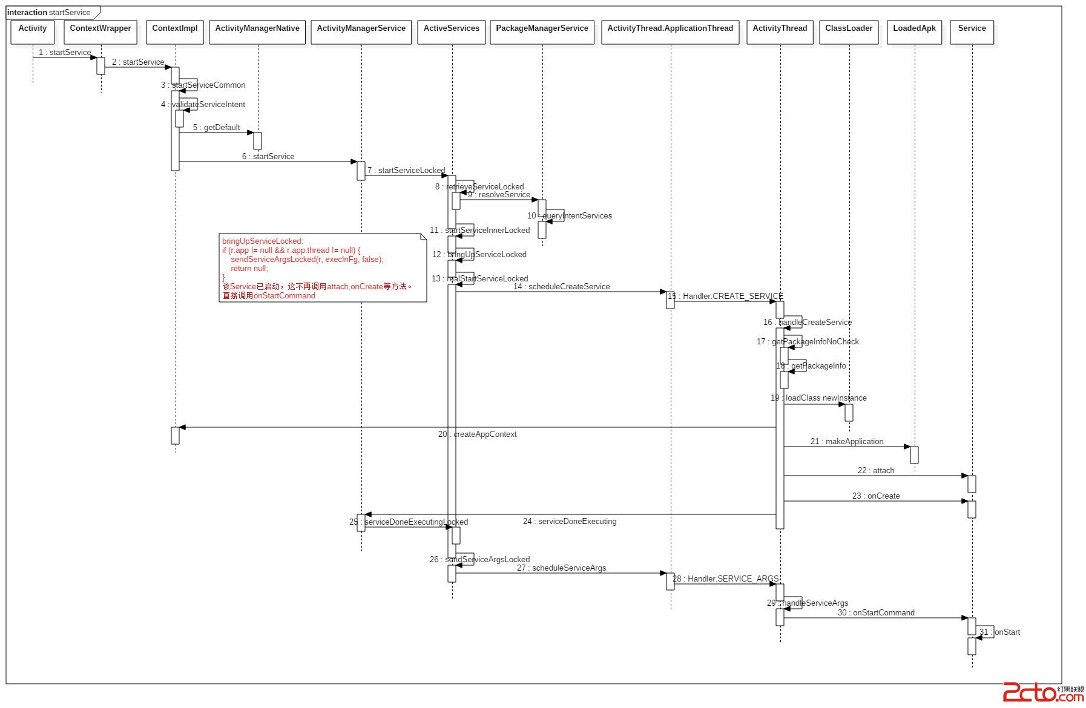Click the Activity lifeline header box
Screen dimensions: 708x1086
point(33,31)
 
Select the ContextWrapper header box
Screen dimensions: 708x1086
point(100,31)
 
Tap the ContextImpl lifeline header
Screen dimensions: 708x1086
point(175,31)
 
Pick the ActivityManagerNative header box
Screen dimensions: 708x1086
point(257,31)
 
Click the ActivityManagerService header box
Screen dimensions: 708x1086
point(361,31)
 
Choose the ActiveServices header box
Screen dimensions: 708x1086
point(452,31)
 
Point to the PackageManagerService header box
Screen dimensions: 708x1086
point(542,31)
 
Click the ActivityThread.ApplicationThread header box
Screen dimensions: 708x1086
point(670,31)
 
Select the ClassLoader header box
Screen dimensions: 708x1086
point(849,31)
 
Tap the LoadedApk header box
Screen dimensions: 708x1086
point(914,31)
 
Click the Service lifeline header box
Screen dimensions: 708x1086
point(972,31)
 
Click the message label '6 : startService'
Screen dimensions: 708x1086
point(268,156)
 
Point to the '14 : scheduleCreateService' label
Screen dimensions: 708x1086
point(561,286)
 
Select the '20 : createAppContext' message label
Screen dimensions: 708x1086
point(477,434)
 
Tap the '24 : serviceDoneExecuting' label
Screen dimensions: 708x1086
point(570,521)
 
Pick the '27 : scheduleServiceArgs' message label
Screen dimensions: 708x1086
point(561,568)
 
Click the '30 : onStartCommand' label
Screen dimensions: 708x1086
point(876,612)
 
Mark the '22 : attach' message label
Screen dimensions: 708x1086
point(875,470)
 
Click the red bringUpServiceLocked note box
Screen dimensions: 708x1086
point(322,267)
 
